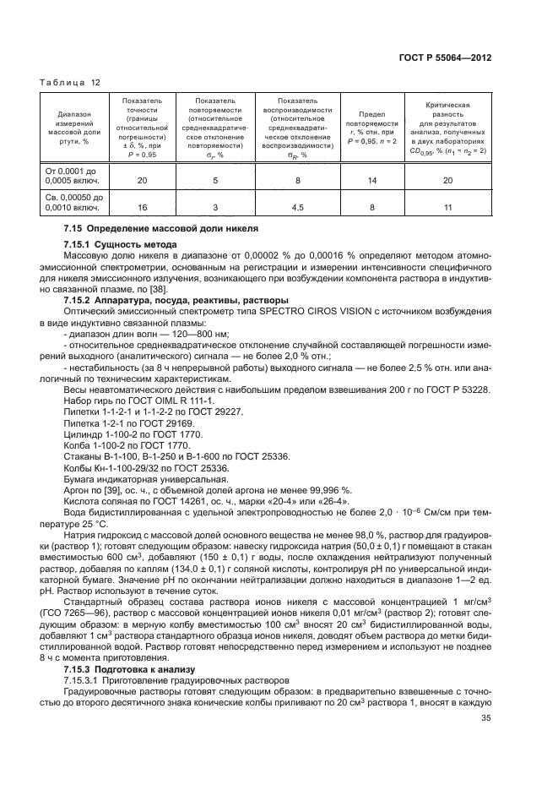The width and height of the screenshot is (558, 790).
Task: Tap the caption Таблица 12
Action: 70,82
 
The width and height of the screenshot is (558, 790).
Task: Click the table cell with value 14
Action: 369,181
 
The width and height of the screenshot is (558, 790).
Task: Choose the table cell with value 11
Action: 450,205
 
